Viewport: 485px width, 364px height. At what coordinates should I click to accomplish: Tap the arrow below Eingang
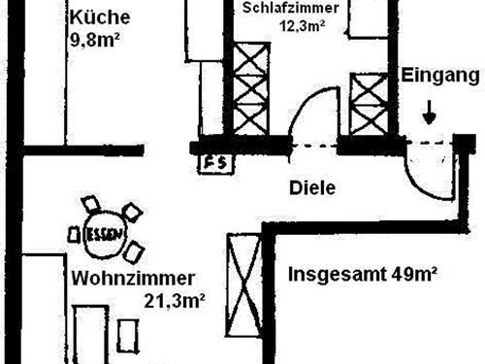tap(428, 114)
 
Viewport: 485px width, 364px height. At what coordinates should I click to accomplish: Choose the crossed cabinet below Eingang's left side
tap(368, 104)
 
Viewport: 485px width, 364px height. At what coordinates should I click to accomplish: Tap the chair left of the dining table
tap(74, 233)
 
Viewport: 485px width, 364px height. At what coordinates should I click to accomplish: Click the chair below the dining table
tap(133, 252)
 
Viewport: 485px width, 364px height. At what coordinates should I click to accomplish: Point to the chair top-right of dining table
tap(131, 212)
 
